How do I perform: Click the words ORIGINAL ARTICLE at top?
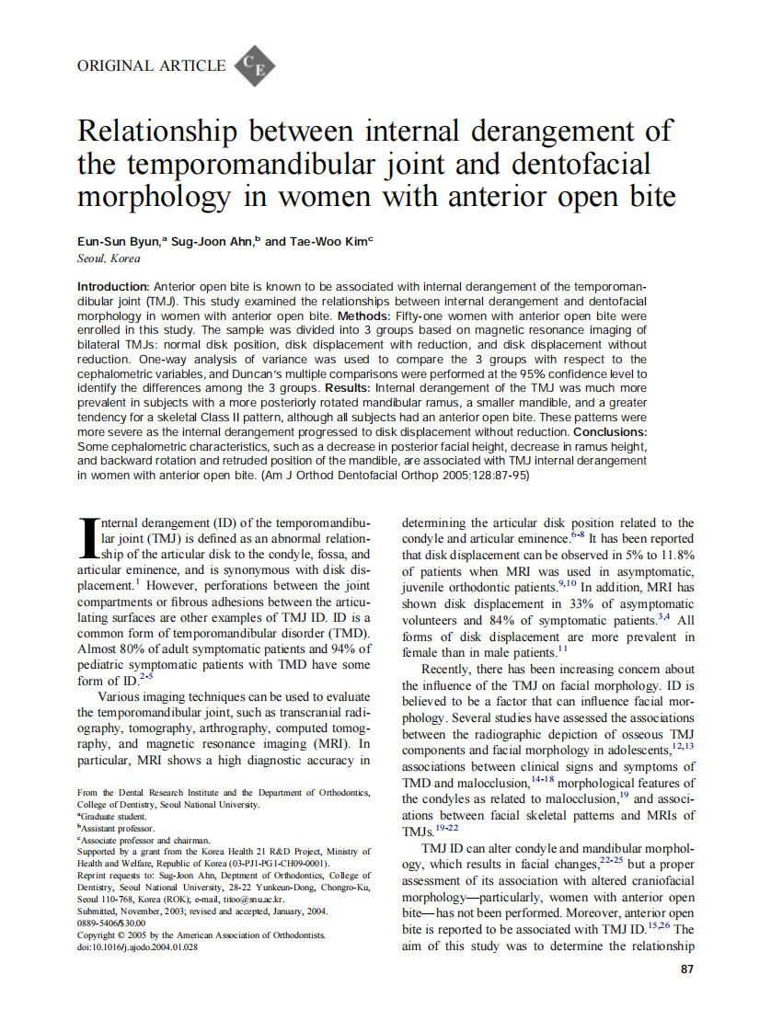pos(151,65)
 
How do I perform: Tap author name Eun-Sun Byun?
pos(117,241)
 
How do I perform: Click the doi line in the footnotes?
pos(137,946)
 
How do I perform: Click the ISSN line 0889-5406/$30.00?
pos(110,923)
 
